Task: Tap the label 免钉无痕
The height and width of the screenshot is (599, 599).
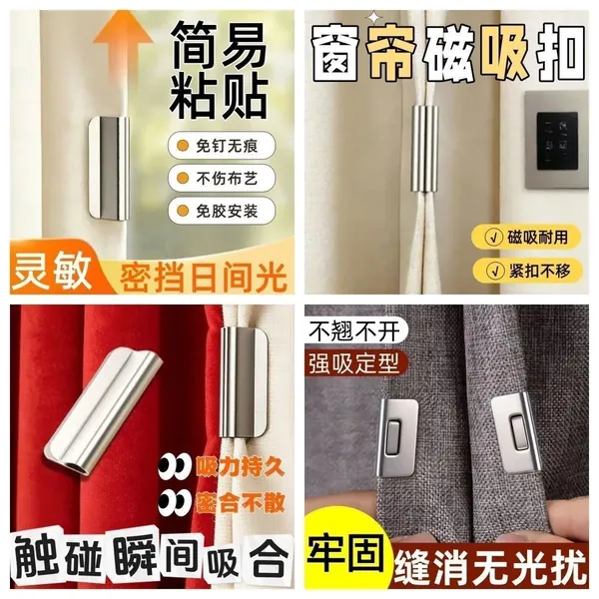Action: (222, 145)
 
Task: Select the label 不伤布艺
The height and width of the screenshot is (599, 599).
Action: (222, 178)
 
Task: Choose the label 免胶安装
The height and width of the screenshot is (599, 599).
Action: (222, 211)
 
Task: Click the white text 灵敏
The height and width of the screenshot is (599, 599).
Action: (52, 272)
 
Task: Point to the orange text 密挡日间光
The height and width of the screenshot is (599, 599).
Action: (203, 276)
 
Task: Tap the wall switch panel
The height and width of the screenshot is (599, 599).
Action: (556, 140)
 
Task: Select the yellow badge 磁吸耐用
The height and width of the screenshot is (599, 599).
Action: (526, 238)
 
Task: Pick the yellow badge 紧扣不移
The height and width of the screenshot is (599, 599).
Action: (527, 271)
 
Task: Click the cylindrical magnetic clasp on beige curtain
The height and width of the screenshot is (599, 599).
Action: (424, 149)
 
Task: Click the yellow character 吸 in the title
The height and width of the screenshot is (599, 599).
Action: (504, 52)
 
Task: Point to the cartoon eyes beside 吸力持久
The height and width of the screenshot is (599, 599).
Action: (175, 466)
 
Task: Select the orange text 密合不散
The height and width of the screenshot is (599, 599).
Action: (241, 502)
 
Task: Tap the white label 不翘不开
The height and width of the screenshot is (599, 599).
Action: (353, 330)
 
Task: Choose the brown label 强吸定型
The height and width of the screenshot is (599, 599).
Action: (353, 363)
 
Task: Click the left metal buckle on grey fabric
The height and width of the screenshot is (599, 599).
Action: (395, 438)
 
